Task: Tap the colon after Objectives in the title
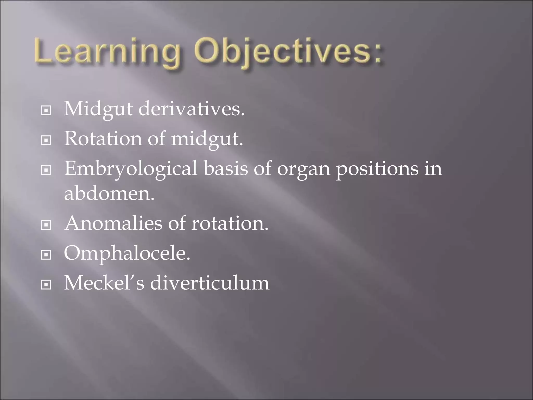pyautogui.click(x=376, y=53)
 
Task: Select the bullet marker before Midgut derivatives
pyautogui.click(x=46, y=111)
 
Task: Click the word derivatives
pyautogui.click(x=191, y=109)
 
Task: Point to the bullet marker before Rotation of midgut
pyautogui.click(x=46, y=141)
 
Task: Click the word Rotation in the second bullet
pyautogui.click(x=103, y=139)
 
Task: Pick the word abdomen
pyautogui.click(x=109, y=194)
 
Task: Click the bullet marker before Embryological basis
pyautogui.click(x=46, y=171)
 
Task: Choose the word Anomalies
pyautogui.click(x=113, y=223)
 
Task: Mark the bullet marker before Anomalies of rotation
pyautogui.click(x=46, y=225)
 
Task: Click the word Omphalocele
pyautogui.click(x=127, y=254)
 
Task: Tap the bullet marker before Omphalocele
pyautogui.click(x=46, y=255)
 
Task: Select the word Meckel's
pyautogui.click(x=104, y=283)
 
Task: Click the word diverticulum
pyautogui.click(x=210, y=283)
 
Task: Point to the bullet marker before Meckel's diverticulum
pyautogui.click(x=46, y=285)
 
